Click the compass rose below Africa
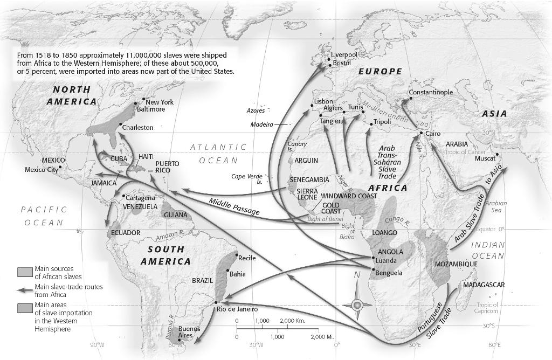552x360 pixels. (x=356, y=305)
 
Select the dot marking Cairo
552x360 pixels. (x=421, y=133)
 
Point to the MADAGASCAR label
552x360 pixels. (x=484, y=285)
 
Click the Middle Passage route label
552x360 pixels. (x=234, y=207)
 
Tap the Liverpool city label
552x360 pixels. (x=344, y=54)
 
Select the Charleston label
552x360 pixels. (x=137, y=128)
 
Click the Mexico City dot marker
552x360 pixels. (x=60, y=167)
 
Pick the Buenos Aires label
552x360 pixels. (x=189, y=332)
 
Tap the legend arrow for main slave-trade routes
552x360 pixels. (x=25, y=290)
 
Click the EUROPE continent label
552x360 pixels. (x=380, y=72)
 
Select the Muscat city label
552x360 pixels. (x=485, y=158)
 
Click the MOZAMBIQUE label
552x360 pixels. (x=456, y=264)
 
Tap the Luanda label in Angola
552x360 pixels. (x=386, y=260)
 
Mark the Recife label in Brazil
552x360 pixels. (x=246, y=258)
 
